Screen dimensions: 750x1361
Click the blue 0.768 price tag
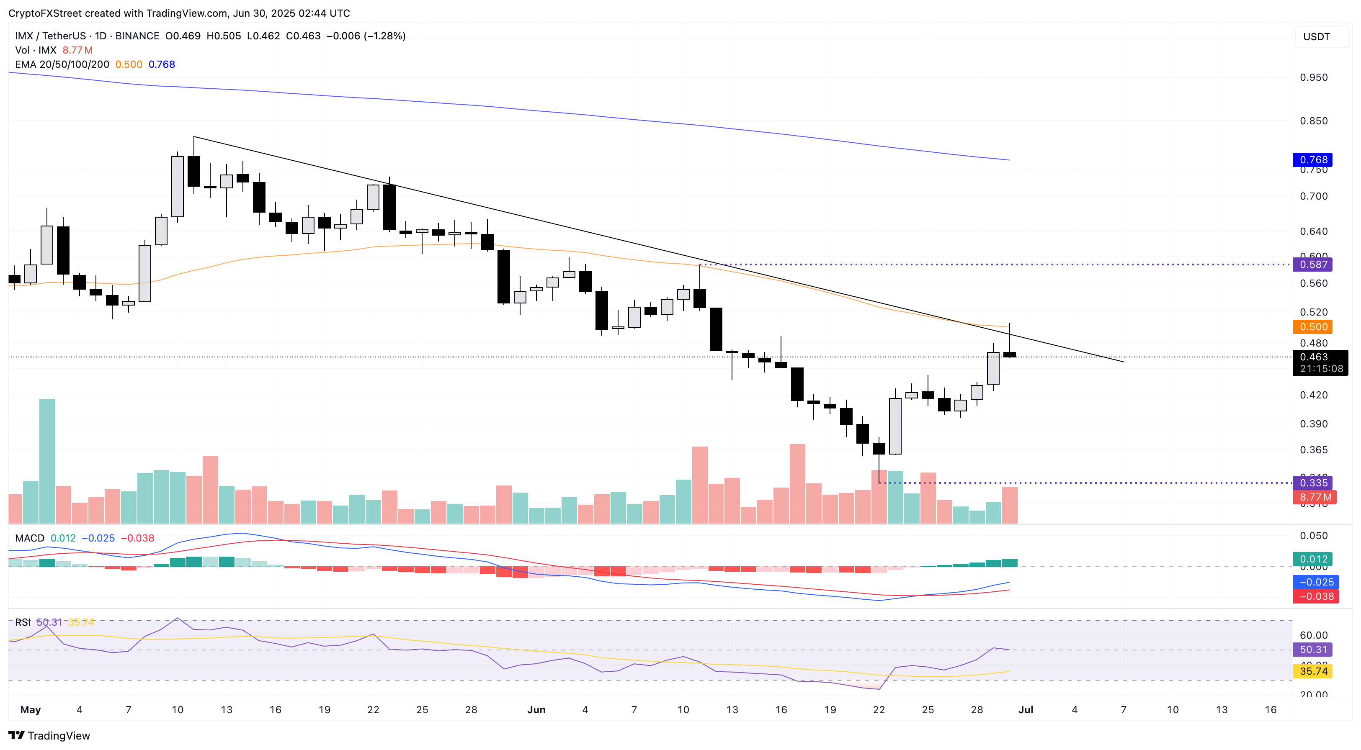(x=1313, y=159)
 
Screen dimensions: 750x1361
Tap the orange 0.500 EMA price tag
(x=1313, y=327)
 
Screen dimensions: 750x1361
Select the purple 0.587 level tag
(x=1313, y=265)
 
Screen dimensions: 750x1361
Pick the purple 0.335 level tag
(x=1313, y=483)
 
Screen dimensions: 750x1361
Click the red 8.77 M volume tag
(x=1315, y=497)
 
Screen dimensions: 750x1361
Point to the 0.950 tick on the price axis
(x=1313, y=77)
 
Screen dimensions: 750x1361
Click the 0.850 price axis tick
(x=1313, y=121)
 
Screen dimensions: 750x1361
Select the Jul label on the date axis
(x=1026, y=710)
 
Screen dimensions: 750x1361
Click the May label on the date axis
(x=30, y=710)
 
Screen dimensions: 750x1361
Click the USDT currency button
(x=1316, y=36)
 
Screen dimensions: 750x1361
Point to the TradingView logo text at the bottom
(x=50, y=736)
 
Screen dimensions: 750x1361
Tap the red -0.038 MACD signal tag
(x=1315, y=596)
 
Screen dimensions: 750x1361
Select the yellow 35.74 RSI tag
(x=1313, y=671)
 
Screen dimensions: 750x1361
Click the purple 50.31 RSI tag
(x=1313, y=650)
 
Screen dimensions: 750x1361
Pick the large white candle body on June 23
(x=895, y=426)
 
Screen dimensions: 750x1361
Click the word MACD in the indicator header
(x=30, y=538)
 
